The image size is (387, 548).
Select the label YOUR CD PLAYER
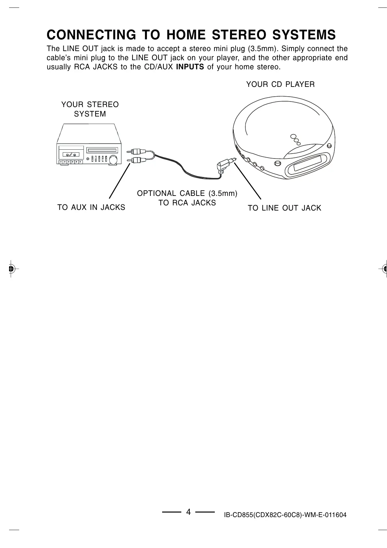[280, 85]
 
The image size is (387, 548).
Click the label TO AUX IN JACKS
[91, 207]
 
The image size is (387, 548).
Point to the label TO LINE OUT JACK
[284, 208]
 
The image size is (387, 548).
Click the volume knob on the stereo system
[113, 160]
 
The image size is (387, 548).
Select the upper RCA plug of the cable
[136, 152]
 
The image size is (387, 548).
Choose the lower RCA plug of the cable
[136, 160]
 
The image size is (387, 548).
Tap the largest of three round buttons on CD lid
[293, 137]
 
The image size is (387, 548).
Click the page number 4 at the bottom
[188, 512]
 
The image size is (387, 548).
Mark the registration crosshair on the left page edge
[11, 268]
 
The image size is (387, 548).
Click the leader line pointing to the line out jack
[248, 180]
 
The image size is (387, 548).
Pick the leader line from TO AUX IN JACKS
[120, 181]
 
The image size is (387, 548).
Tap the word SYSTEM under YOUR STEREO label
[90, 114]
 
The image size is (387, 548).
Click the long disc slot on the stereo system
[102, 150]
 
